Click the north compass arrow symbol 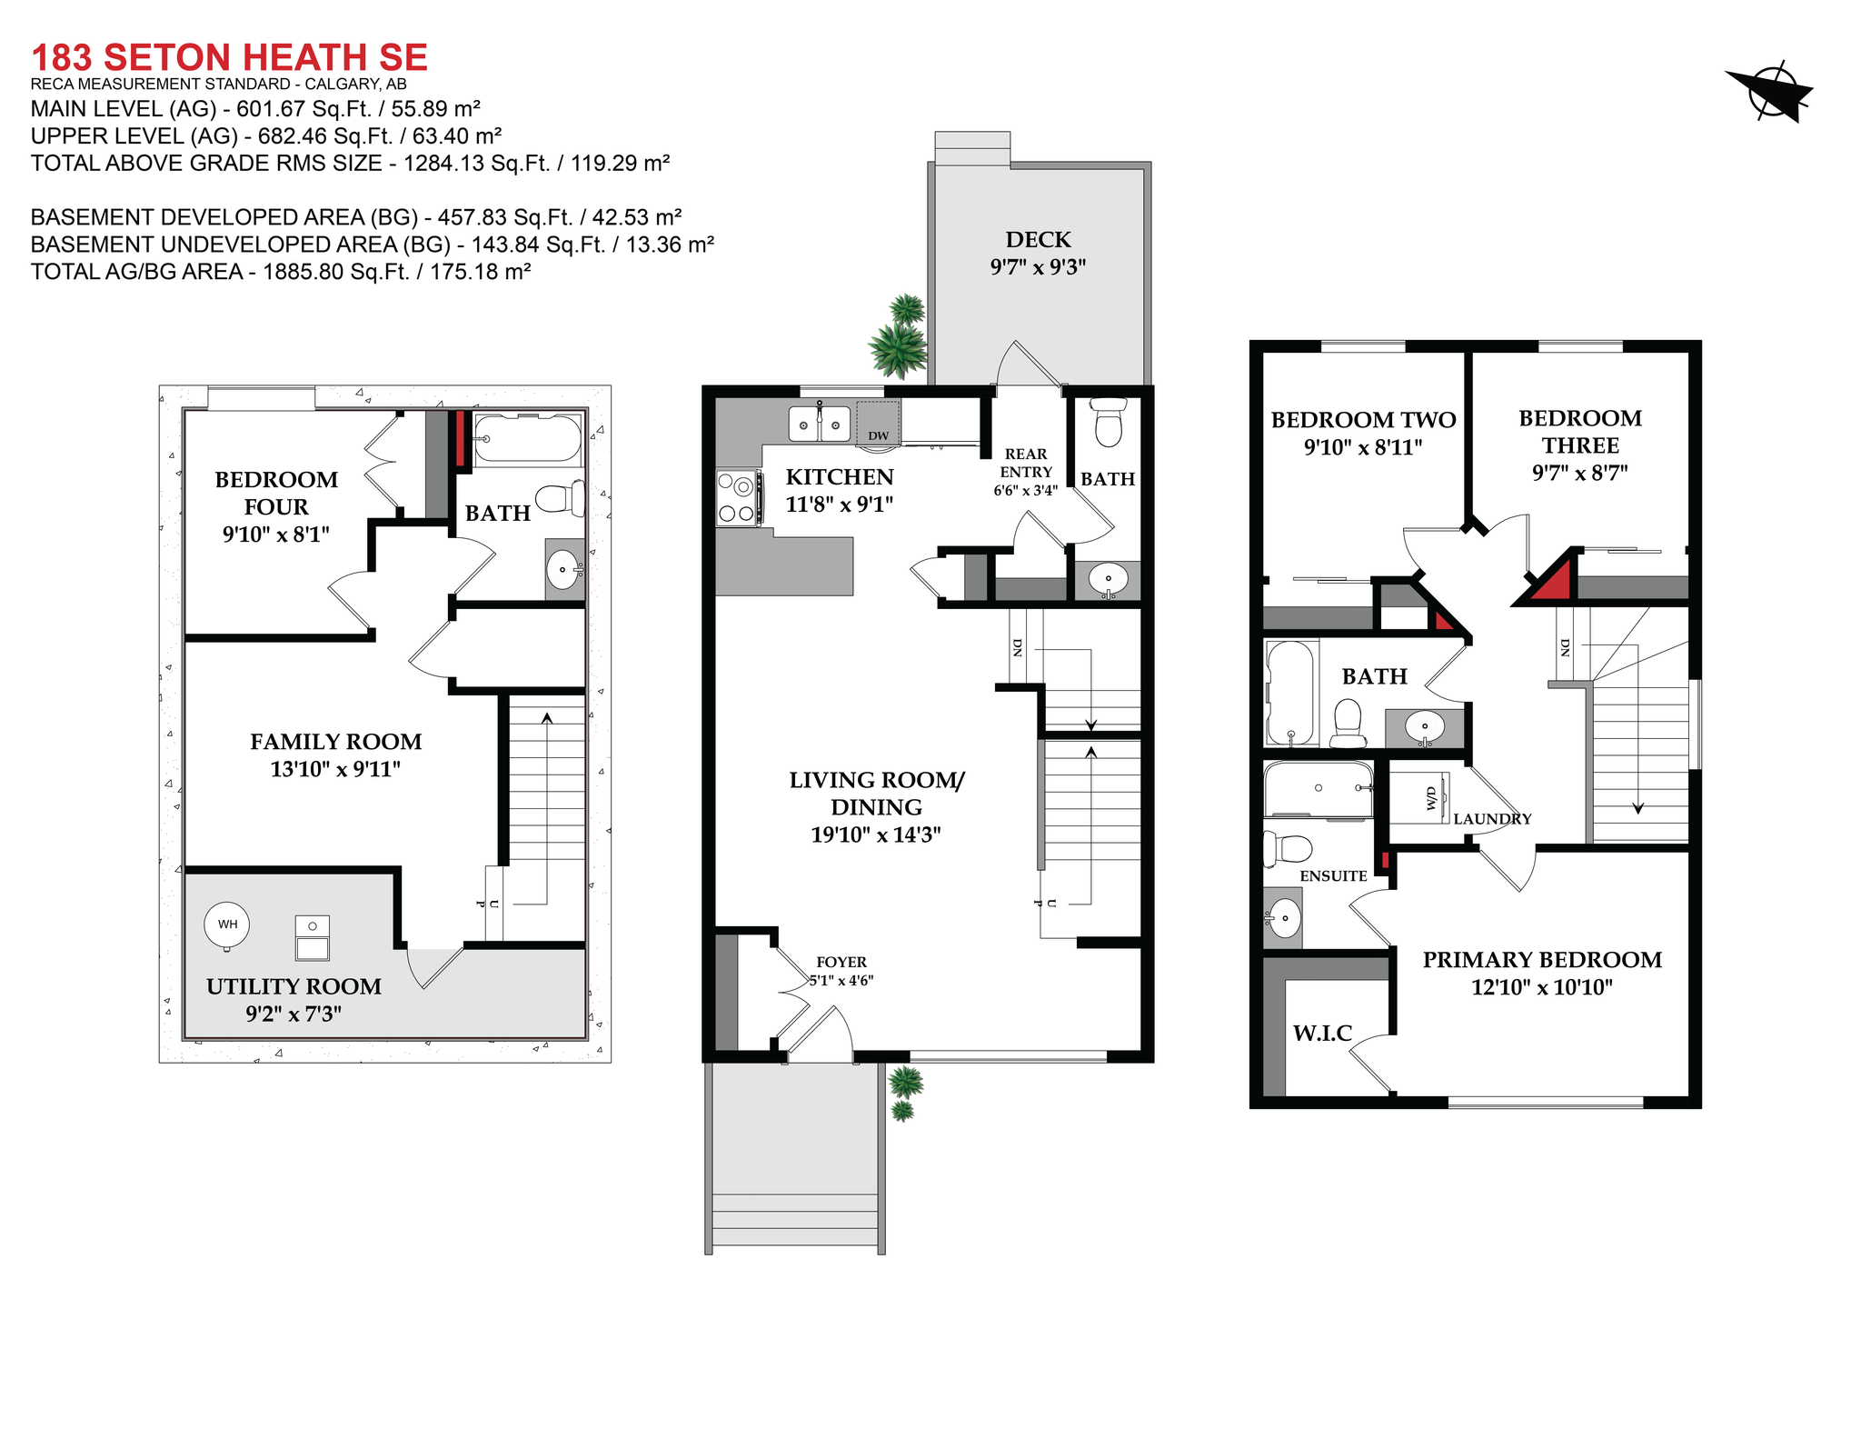[x=1770, y=91]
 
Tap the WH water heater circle [x=227, y=924]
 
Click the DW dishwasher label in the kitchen [x=878, y=435]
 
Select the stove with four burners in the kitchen [x=738, y=498]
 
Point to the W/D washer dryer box [x=1433, y=798]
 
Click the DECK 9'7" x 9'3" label [x=1038, y=253]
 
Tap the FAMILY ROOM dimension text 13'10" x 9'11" [x=335, y=769]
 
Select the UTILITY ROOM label [x=294, y=986]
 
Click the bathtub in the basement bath [x=528, y=439]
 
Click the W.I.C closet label [x=1322, y=1033]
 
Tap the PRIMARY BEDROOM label [x=1542, y=960]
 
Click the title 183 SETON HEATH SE [x=229, y=57]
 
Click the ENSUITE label [x=1333, y=875]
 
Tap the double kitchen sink [x=819, y=425]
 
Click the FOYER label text [x=841, y=962]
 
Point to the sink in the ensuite [x=1284, y=918]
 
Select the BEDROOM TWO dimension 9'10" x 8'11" [x=1362, y=447]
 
